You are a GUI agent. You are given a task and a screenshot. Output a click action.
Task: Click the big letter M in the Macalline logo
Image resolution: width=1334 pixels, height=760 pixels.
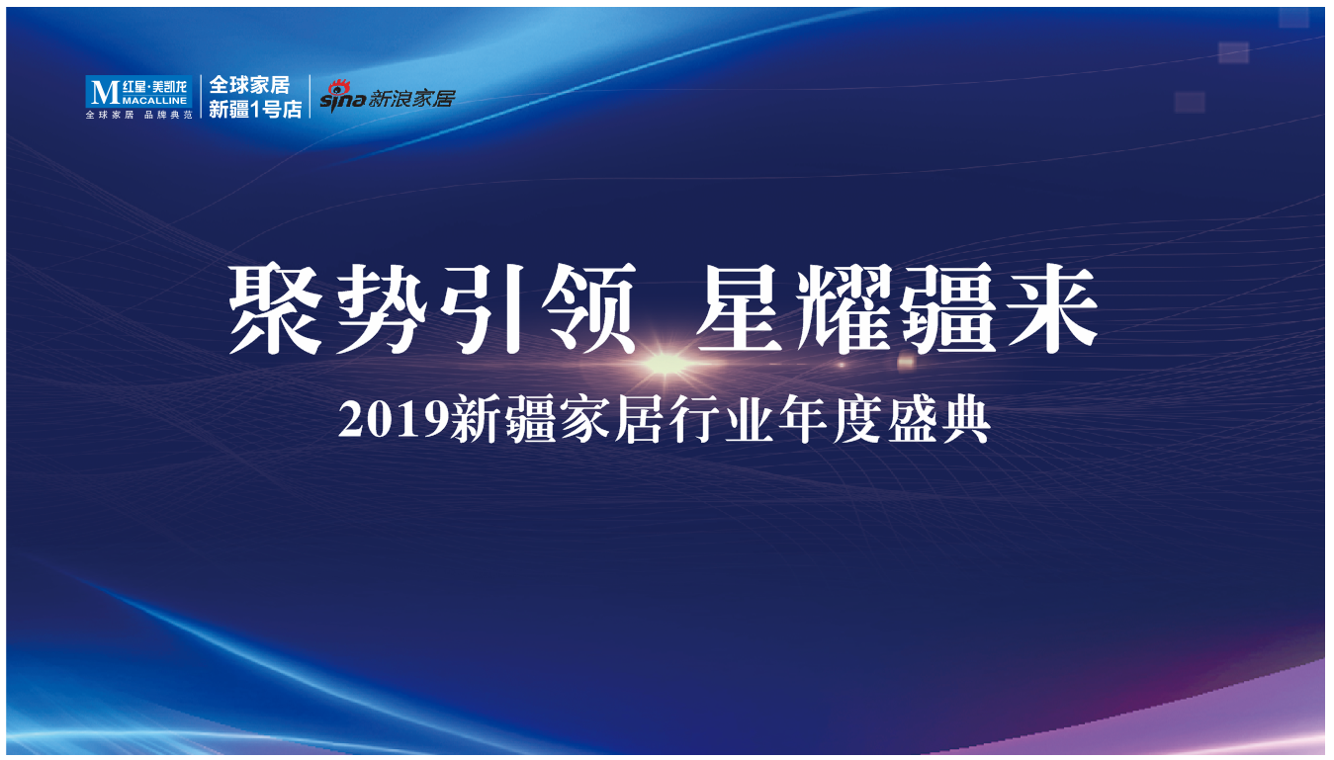(105, 92)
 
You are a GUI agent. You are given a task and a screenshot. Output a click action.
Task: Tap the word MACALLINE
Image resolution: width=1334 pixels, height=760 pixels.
(155, 101)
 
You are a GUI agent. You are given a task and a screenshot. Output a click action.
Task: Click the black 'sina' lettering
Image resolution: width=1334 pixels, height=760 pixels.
(343, 100)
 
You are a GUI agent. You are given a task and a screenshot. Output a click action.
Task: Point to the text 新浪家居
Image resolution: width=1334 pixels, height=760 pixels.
(411, 98)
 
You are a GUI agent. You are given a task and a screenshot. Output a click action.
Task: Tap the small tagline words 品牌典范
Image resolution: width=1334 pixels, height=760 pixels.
(168, 115)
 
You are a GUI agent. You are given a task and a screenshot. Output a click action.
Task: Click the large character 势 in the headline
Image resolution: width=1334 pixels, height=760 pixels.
(381, 308)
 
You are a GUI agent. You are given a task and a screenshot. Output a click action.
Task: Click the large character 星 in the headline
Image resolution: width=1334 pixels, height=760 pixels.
(741, 308)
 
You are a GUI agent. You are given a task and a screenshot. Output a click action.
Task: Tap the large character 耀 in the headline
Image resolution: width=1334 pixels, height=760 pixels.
(845, 308)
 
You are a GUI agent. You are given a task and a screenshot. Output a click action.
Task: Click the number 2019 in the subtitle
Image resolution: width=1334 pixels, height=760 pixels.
(393, 420)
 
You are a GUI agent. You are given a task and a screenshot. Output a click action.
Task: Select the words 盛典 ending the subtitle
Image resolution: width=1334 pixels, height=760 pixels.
(938, 420)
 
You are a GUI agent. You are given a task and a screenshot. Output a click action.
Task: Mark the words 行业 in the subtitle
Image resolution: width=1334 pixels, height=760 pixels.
(721, 420)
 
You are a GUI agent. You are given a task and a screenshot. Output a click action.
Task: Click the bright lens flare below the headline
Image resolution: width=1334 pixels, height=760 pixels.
(666, 363)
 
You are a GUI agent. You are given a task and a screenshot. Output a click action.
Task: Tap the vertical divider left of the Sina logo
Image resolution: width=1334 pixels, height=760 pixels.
(311, 97)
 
